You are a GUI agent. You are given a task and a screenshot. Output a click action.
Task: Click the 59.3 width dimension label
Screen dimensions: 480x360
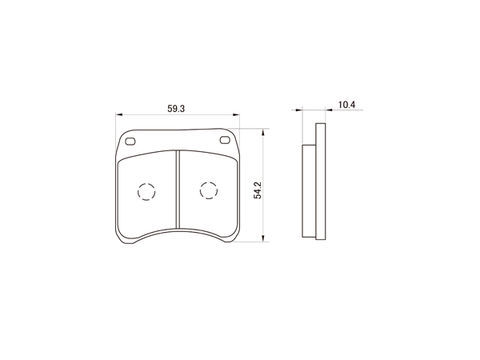(x=176, y=109)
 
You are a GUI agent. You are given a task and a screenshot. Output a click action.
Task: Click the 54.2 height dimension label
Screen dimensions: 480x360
(x=258, y=190)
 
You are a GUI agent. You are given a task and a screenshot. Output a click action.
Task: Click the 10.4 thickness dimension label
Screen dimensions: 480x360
(x=347, y=105)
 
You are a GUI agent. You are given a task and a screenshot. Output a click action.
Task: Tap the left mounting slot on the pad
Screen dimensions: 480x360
(x=130, y=141)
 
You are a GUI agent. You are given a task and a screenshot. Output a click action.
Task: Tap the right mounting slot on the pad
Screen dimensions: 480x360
(x=225, y=140)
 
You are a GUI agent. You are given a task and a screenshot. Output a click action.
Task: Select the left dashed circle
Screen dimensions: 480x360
(x=146, y=192)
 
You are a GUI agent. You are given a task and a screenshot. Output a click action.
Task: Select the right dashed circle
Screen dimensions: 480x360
(x=209, y=191)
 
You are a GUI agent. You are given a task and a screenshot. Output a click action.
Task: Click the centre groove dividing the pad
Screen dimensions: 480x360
(x=177, y=189)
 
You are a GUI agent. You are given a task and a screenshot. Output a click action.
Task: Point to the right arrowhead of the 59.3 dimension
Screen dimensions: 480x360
(x=236, y=115)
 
